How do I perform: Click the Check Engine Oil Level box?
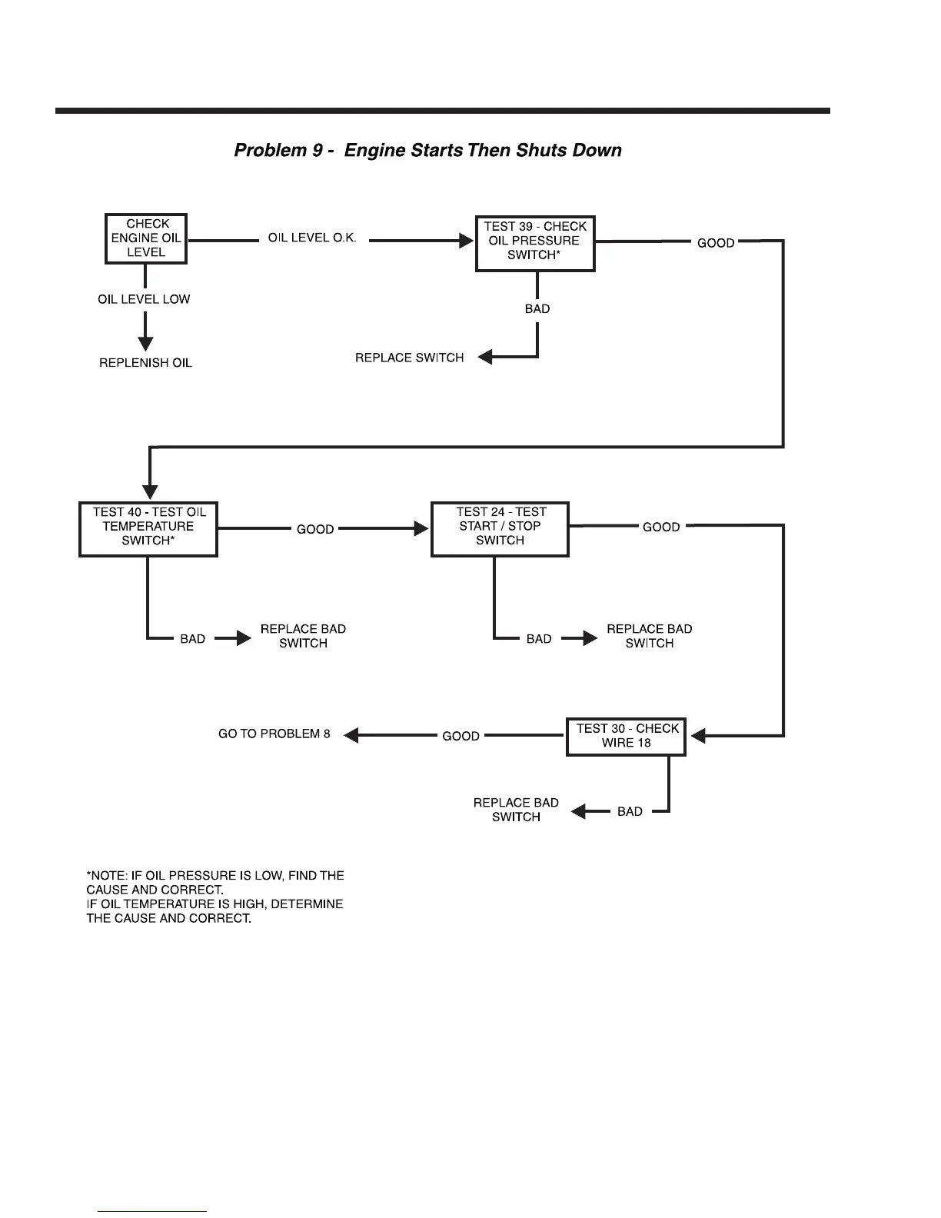point(146,238)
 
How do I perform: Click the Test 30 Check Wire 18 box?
point(627,736)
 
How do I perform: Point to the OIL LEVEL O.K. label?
point(312,238)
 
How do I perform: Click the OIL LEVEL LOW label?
point(144,300)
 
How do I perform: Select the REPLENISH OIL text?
point(145,363)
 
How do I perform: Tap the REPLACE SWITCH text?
point(409,358)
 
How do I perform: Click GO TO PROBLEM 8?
point(274,734)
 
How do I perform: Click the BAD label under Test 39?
point(537,309)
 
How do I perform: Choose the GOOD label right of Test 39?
point(716,243)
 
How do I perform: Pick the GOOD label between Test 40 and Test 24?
point(315,530)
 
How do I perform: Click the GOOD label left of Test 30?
point(461,737)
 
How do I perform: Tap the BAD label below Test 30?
point(630,812)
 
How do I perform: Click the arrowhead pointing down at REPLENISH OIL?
point(145,343)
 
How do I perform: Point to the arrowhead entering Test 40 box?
point(151,492)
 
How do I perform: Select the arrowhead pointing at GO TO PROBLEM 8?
point(351,735)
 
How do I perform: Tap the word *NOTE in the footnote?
point(106,876)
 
